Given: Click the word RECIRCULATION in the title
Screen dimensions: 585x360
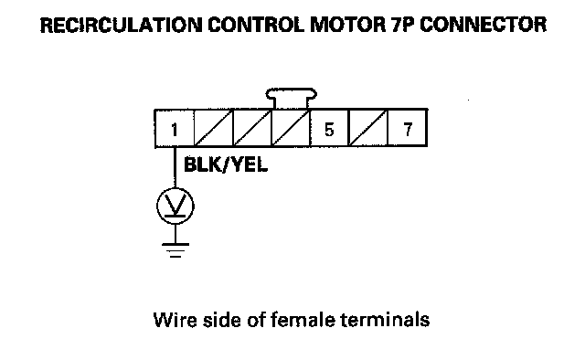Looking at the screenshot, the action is pos(122,25).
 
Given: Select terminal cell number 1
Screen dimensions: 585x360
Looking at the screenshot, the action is pos(175,129).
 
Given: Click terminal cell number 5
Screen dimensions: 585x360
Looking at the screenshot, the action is pos(329,129).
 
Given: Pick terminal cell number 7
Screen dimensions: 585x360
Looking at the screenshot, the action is pos(408,129).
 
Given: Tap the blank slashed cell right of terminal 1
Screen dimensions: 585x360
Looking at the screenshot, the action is pos(213,129).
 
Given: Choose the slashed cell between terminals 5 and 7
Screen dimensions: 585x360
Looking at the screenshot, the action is pos(368,129).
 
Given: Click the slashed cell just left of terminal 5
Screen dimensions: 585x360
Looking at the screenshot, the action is pos(291,129).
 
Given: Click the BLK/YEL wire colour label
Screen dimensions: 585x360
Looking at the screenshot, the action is pos(226,164).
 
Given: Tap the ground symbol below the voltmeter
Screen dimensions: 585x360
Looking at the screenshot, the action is pos(175,250).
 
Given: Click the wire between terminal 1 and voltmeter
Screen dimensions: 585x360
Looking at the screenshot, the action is pos(175,168).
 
